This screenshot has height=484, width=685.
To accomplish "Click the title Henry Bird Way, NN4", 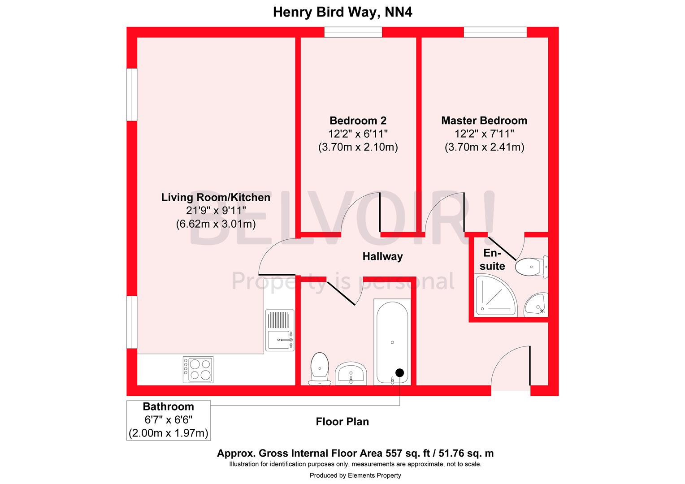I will (342, 12).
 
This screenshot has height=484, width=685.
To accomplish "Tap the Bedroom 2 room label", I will (358, 121).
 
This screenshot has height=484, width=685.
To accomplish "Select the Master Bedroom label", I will (484, 121).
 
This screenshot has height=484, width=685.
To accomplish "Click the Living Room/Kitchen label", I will (216, 197).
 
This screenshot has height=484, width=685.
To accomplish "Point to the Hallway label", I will (382, 256).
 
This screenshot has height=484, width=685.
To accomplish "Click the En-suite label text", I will (492, 259).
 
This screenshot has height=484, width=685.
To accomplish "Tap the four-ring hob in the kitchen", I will (198, 369).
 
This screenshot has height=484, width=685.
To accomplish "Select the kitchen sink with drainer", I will (280, 330).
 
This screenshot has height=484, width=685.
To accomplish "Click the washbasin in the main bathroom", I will (351, 373).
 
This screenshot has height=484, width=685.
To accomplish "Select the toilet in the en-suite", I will (531, 267).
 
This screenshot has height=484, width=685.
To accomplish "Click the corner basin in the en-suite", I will (536, 304).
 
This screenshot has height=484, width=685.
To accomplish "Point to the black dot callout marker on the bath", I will (399, 372).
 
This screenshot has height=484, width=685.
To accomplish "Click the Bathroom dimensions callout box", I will (169, 420).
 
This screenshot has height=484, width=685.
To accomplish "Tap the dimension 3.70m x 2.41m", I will (484, 147).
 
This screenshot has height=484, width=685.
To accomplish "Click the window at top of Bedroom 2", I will (353, 32).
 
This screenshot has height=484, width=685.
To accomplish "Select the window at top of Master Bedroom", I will (495, 32).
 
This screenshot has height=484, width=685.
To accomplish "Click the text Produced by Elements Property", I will (355, 475).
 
